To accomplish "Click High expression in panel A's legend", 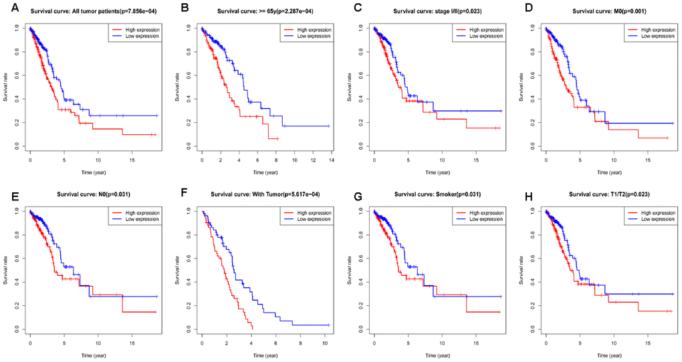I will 141,29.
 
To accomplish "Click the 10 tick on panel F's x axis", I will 324,343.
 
